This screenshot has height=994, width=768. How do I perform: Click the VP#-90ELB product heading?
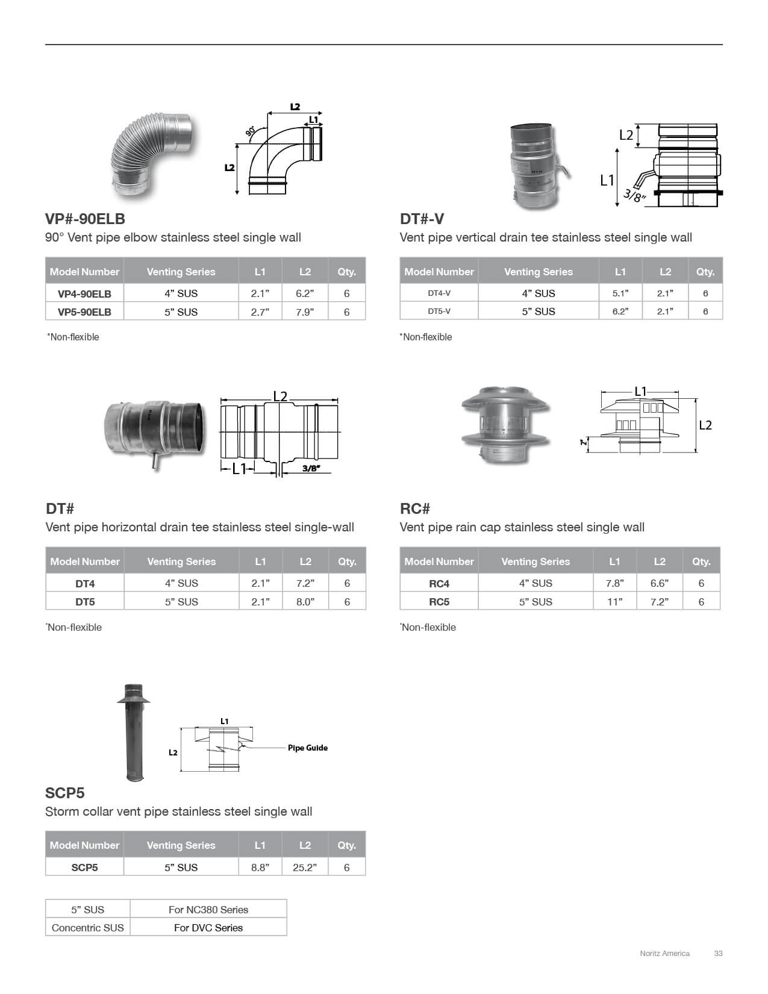(85, 219)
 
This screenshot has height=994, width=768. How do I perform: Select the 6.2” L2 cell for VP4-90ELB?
(305, 293)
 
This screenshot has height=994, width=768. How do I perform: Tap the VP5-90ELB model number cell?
(84, 312)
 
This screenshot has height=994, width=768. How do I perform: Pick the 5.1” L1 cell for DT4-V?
(620, 293)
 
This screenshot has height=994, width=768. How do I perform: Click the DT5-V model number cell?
(439, 311)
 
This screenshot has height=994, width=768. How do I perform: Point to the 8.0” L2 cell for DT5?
(305, 602)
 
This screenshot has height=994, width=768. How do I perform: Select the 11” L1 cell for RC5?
(615, 602)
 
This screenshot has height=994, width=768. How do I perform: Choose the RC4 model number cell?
(439, 583)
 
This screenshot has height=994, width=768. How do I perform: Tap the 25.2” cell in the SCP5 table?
(305, 867)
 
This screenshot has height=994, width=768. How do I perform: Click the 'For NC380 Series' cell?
(208, 910)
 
